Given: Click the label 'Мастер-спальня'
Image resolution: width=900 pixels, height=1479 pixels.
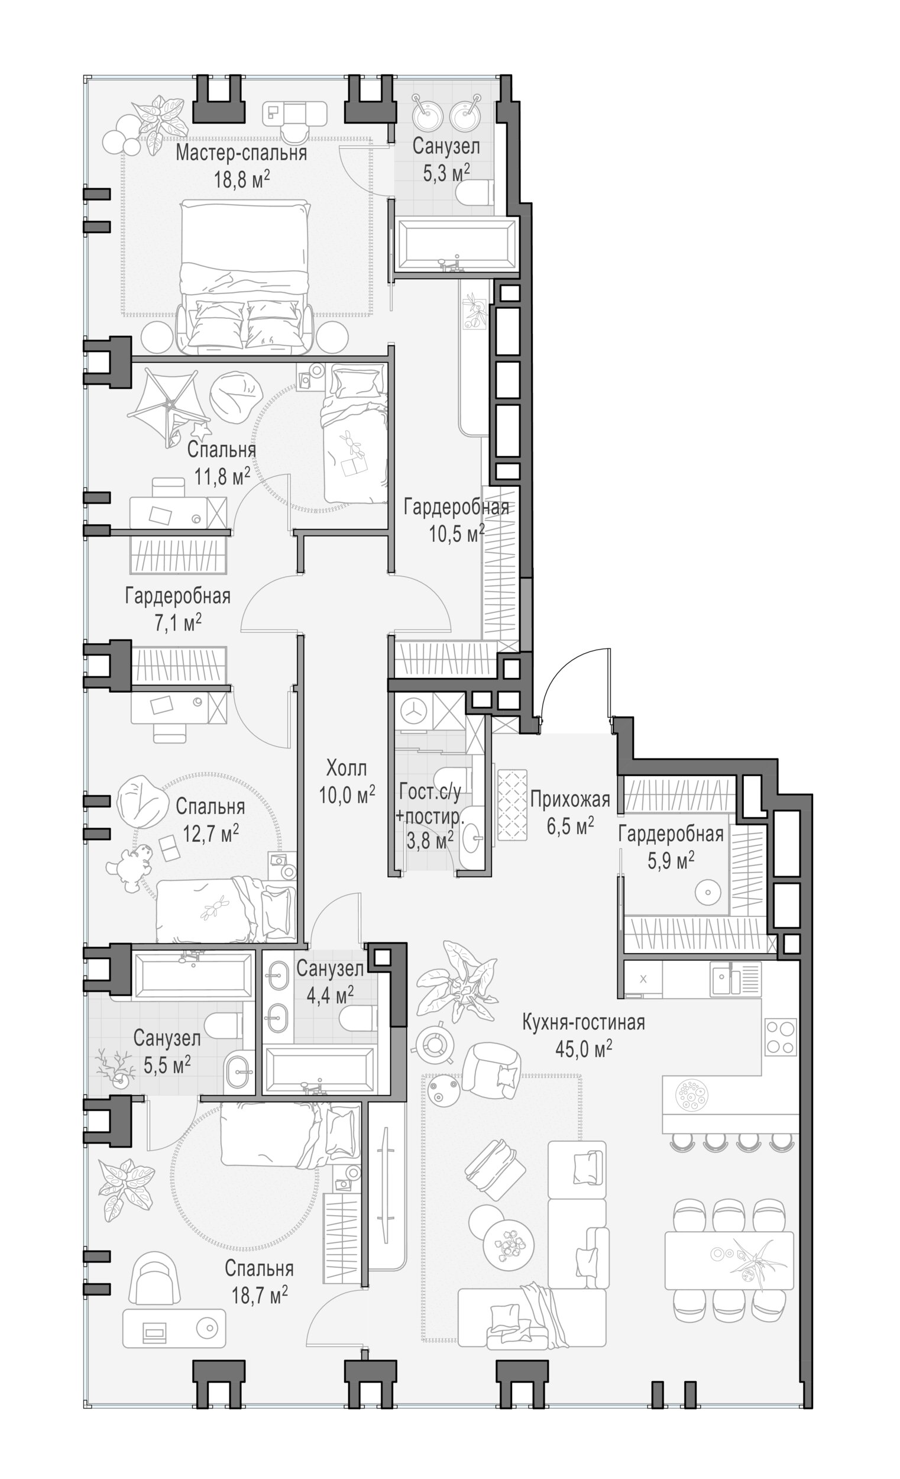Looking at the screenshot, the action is tap(241, 153).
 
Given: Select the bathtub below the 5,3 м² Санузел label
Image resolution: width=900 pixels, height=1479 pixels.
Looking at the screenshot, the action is tap(456, 246).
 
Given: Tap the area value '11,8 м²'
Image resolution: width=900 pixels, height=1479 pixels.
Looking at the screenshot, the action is tap(222, 476).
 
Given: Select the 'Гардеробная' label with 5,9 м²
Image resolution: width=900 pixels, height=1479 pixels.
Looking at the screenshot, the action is tap(671, 834).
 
